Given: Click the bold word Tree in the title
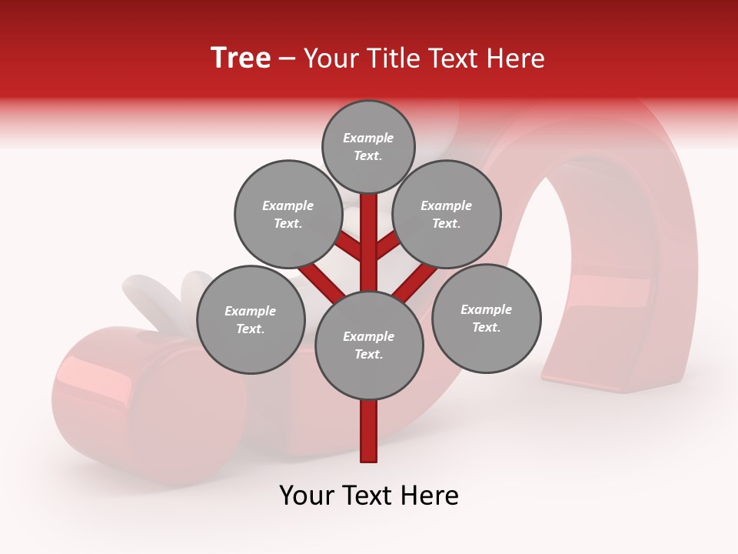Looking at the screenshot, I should [x=241, y=58].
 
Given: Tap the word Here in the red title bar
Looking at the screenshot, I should [x=515, y=58].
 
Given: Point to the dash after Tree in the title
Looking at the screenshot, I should [x=287, y=59].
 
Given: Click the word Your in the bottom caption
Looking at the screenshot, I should [x=306, y=496].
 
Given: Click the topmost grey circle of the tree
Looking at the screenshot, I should [x=368, y=146].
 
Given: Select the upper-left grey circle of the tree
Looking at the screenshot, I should [x=288, y=214].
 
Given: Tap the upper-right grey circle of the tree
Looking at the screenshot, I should [x=447, y=214].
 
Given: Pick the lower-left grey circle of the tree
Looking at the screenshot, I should [x=251, y=319].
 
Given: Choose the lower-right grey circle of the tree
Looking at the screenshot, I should [x=486, y=318].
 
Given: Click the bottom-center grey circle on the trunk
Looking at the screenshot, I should [x=369, y=345].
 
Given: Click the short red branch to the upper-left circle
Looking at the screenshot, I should [x=347, y=247].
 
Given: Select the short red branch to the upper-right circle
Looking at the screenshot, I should [x=389, y=246].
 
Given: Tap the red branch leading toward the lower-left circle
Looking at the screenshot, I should [x=321, y=282].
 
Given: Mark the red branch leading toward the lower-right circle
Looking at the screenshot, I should [x=416, y=282].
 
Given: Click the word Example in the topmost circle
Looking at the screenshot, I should [x=368, y=138].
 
